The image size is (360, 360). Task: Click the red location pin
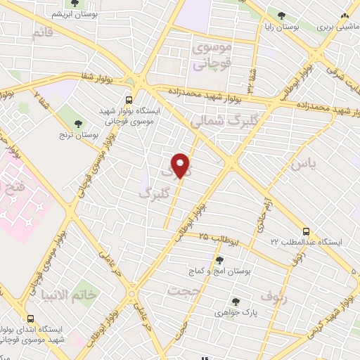pyautogui.click(x=181, y=165)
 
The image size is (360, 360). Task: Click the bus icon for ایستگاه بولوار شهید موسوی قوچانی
pyautogui.click(x=128, y=100)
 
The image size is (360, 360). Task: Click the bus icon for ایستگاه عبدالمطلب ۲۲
pyautogui.click(x=305, y=231)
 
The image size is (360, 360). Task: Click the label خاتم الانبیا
pyautogui.click(x=74, y=294)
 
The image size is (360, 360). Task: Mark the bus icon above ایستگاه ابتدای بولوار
pyautogui.click(x=29, y=317)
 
